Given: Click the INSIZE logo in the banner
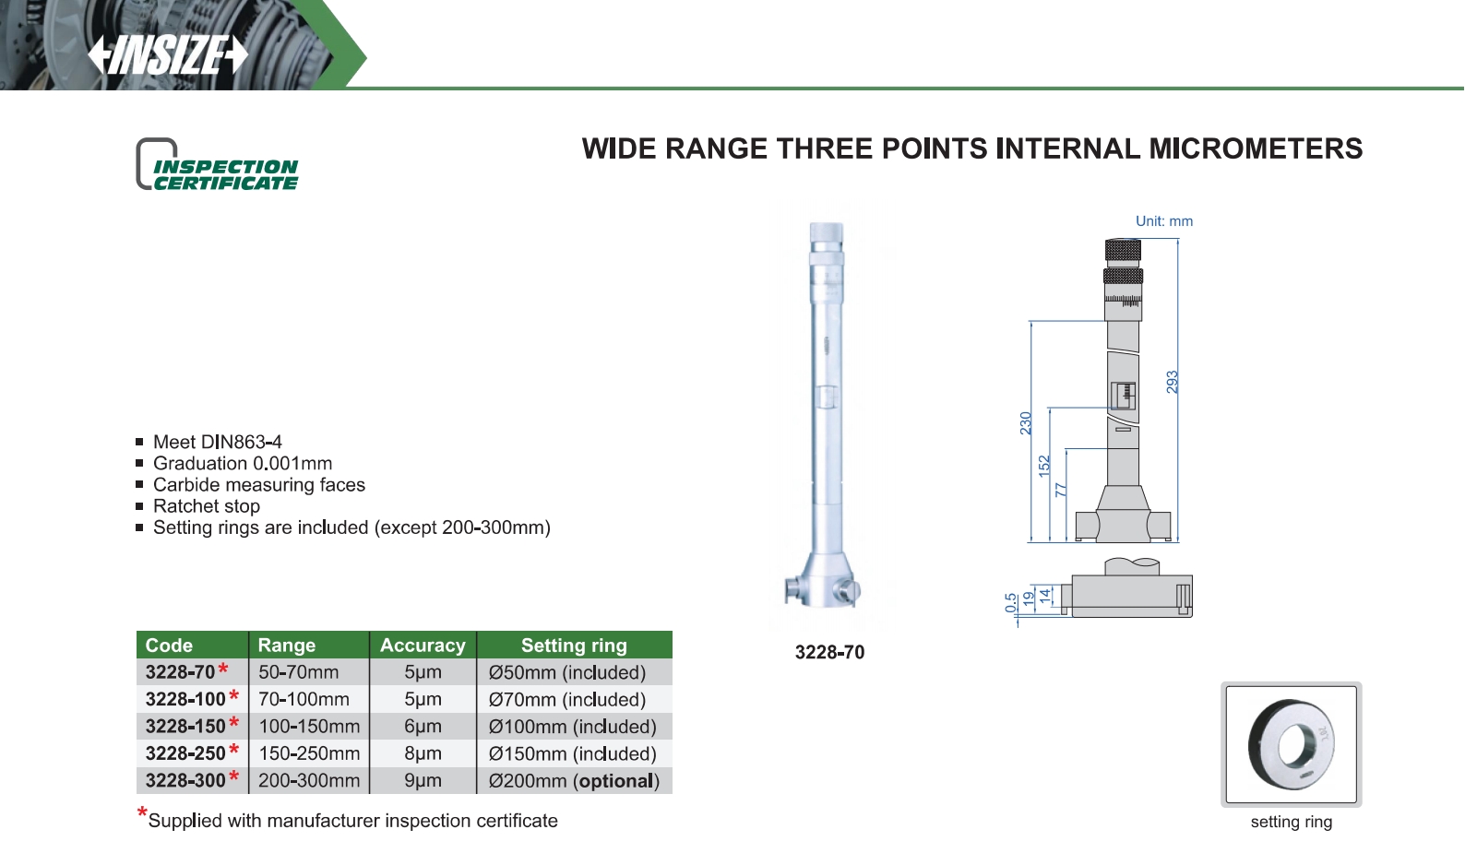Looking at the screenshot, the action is [x=168, y=55].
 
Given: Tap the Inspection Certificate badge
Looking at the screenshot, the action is [x=217, y=164].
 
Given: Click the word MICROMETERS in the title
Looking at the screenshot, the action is [x=1256, y=148].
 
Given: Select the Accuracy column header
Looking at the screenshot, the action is [x=423, y=646].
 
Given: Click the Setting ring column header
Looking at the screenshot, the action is [x=574, y=646].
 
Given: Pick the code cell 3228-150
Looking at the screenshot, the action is [x=185, y=727].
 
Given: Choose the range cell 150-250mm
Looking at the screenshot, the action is [x=309, y=753].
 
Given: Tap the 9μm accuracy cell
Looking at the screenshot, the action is [x=423, y=781].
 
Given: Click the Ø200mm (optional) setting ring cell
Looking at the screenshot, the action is [x=574, y=781].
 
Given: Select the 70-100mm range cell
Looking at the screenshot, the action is [x=304, y=700].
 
